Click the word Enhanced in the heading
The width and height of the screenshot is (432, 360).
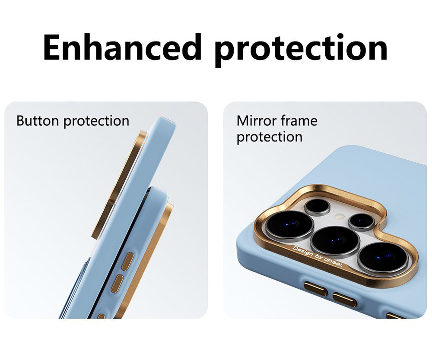point(122,47)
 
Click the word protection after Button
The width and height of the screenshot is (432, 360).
point(96,122)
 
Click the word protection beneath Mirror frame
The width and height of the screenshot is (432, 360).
point(270,137)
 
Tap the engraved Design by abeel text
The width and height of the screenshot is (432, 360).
point(318,256)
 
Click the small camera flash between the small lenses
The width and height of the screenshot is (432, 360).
point(339,216)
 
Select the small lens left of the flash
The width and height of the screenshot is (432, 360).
point(318,207)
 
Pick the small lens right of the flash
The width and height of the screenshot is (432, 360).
point(361,221)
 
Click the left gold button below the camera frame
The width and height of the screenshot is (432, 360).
point(316,289)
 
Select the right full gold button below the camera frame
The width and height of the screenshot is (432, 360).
point(345,300)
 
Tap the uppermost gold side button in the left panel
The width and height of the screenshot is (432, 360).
point(127,261)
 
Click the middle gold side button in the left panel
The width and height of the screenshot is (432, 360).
point(117,284)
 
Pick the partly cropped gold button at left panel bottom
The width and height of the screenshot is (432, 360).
point(101,316)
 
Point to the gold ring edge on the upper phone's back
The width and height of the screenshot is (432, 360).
point(119,184)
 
